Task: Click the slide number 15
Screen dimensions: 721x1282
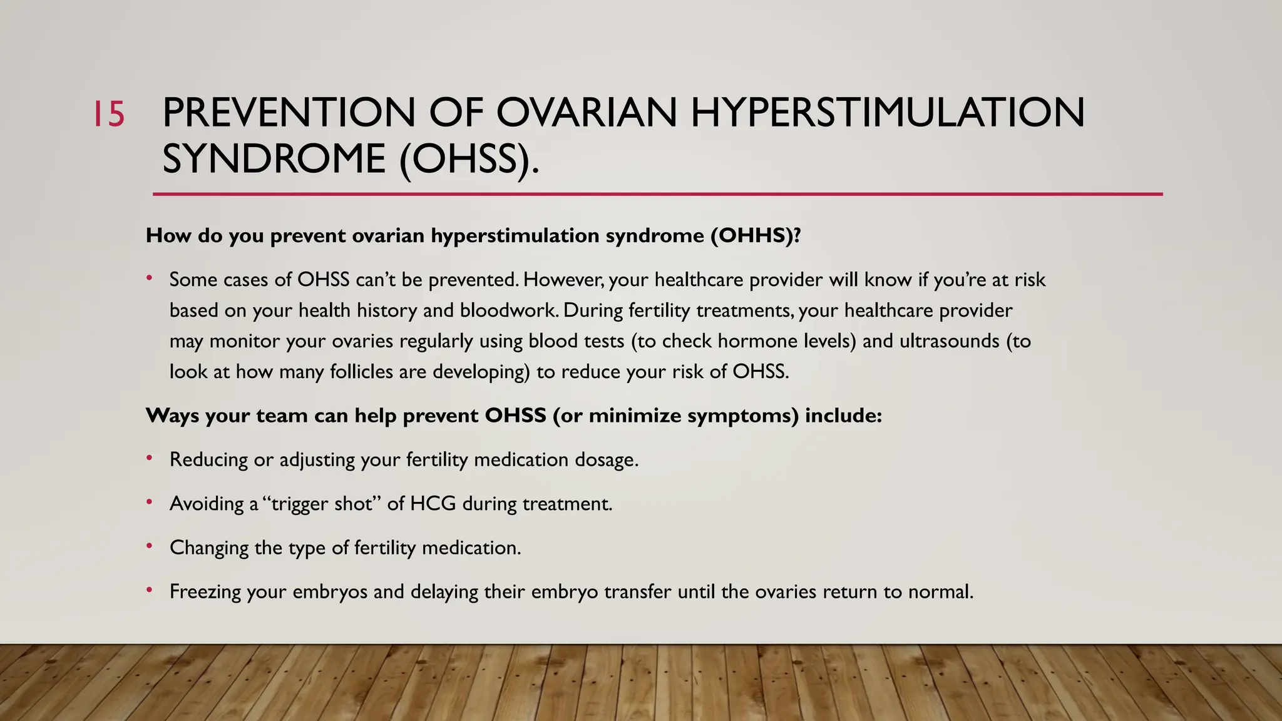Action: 109,115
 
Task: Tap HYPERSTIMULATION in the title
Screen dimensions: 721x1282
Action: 888,113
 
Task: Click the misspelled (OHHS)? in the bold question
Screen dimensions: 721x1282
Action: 756,236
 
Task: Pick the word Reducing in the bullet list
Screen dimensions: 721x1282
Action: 209,460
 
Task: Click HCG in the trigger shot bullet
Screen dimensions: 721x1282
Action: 433,504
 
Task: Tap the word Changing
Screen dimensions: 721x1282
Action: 209,548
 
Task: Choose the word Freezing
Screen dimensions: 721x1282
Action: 205,592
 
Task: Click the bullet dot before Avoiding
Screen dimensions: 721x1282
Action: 149,502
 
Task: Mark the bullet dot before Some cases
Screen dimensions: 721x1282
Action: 149,278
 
